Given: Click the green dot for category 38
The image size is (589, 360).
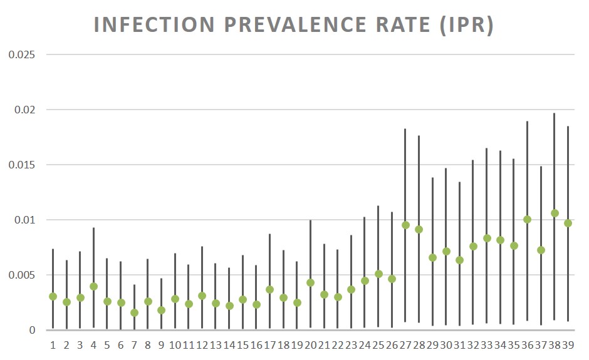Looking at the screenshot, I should point(555,213).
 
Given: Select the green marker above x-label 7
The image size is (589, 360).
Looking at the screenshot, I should point(134,312).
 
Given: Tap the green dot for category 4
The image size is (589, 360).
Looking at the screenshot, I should point(93,286).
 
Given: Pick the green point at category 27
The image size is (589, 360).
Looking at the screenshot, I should point(405,225).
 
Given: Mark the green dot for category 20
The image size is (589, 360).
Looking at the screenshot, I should point(310,282).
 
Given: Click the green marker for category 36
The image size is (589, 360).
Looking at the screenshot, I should point(527,219).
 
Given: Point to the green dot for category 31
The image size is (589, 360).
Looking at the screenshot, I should point(459,260).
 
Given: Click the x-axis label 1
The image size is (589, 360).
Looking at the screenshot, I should point(53,345).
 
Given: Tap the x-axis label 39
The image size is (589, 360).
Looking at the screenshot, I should point(568,345).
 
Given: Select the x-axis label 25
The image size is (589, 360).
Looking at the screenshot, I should point(378,345).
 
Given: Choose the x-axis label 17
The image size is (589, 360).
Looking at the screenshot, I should point(269,345).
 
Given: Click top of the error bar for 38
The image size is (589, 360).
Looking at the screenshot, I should point(555,114).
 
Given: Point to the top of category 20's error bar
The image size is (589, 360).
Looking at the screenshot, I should point(310,220).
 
